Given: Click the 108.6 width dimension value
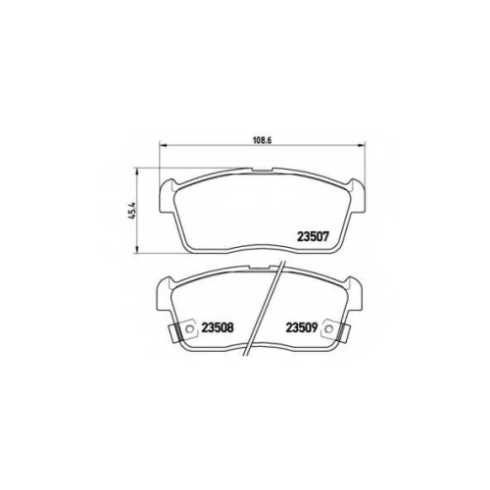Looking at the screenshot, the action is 263,140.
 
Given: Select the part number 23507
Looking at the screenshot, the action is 313,236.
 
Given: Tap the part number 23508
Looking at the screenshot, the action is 218,327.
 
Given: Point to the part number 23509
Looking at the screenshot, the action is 302,327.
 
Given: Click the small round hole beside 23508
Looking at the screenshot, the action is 189,329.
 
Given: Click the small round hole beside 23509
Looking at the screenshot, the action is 329,329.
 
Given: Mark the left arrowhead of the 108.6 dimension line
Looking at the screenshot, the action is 163,145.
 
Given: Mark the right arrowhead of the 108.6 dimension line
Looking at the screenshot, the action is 362,145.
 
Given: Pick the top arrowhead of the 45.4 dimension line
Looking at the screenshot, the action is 137,171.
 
